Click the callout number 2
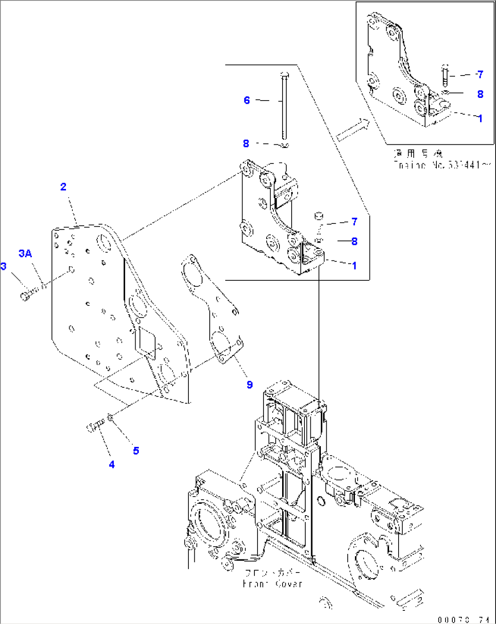pos(63,187)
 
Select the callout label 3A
pos(25,254)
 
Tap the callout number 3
pos(4,266)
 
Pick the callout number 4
pos(111,464)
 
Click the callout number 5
pos(136,451)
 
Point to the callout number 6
pos(247,100)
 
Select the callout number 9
pos(249,385)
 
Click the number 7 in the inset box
pos(480,74)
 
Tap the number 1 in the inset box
pos(480,118)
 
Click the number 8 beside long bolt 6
pos(246,143)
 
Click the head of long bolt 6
pos(284,74)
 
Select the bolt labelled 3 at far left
pos(26,296)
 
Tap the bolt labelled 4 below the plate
pos(94,426)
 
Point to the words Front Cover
pos(273,584)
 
